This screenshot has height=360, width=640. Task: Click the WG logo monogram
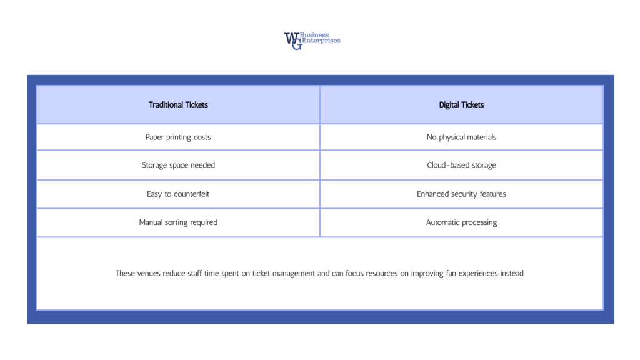point(292,41)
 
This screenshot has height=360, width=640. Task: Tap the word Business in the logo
point(318,35)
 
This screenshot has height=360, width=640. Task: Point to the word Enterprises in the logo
point(321,41)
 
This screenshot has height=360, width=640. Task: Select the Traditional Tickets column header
point(178,105)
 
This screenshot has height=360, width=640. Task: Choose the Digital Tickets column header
point(461,105)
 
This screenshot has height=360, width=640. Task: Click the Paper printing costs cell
point(178,137)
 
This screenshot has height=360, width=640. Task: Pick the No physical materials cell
point(461,137)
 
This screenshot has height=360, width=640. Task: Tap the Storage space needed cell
point(178,165)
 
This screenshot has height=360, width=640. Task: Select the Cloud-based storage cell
point(461,165)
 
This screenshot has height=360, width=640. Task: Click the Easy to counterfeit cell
point(178,194)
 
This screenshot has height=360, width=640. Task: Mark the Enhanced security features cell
point(461,194)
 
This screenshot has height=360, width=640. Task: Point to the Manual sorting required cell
point(178,222)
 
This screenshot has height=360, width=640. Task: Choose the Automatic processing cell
point(461,222)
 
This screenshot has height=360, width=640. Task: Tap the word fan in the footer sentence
point(452,274)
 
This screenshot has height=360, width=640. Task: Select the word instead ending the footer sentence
point(512,274)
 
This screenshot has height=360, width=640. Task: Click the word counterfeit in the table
point(192,194)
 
